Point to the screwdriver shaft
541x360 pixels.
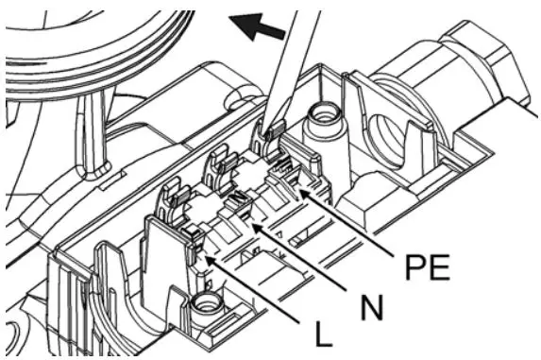click(x=290, y=66)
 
